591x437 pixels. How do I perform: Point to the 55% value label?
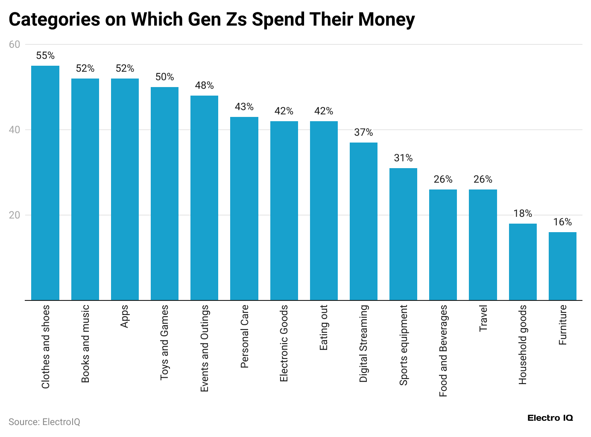(x=45, y=56)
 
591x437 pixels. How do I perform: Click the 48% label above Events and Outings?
(x=204, y=86)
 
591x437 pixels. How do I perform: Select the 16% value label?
(x=562, y=222)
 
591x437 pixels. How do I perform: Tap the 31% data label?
(x=403, y=158)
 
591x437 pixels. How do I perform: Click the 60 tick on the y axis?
(x=15, y=44)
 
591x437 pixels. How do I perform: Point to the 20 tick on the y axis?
(x=15, y=215)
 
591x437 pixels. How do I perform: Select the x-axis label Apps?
(x=125, y=317)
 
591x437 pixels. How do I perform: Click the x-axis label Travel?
(x=483, y=318)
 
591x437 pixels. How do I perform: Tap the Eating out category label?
(x=324, y=328)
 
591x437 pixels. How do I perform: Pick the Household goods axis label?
(x=523, y=345)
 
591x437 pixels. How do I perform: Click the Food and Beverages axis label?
(x=443, y=351)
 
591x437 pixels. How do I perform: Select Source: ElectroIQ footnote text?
(x=44, y=422)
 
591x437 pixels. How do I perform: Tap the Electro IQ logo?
(x=550, y=418)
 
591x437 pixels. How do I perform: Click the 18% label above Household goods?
(x=523, y=214)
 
